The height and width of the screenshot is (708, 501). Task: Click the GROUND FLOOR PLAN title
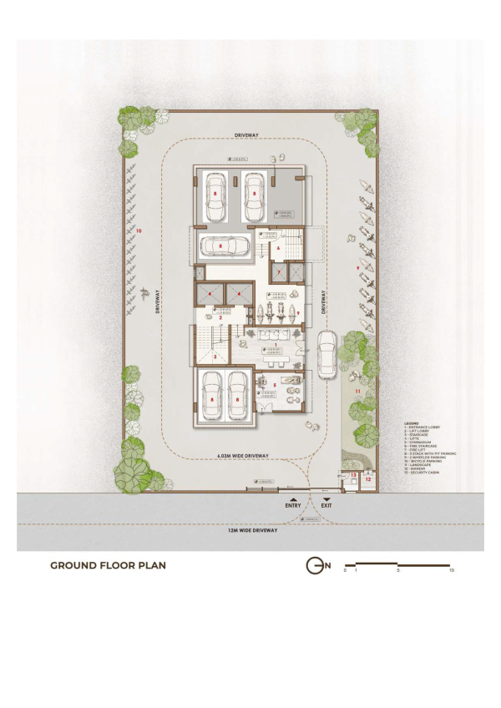point(108,565)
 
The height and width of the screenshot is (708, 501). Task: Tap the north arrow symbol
point(315,566)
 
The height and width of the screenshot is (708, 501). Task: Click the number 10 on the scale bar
point(451,571)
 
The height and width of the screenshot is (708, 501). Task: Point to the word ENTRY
point(292,506)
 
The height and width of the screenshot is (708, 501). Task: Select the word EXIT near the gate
point(326,506)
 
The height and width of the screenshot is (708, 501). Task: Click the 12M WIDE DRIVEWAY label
point(254,531)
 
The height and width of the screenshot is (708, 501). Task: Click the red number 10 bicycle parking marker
point(139,230)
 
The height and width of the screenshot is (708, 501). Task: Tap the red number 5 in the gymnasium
point(275,386)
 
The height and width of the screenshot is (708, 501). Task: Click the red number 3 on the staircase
point(215,357)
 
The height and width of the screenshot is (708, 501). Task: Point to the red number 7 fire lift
point(279,273)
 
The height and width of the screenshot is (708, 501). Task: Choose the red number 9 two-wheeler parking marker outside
point(357,267)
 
